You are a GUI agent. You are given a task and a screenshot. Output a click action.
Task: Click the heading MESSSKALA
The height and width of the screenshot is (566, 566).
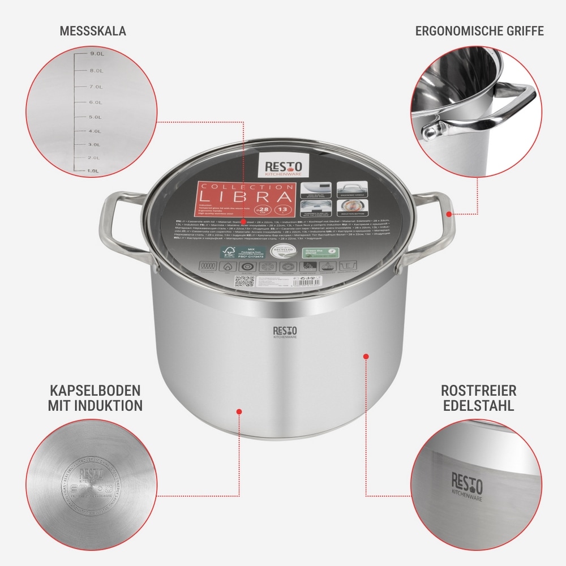93,31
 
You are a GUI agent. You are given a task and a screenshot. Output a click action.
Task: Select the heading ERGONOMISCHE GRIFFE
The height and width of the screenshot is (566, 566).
479,31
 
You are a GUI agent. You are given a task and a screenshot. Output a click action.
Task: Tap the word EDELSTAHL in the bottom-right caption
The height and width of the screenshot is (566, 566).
478,405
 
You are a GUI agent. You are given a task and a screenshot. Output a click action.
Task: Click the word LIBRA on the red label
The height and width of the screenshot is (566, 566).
263,198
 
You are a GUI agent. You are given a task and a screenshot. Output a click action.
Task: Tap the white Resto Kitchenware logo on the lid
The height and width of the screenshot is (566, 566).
283,166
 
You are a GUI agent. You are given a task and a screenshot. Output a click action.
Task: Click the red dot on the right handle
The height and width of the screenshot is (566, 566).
449,213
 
